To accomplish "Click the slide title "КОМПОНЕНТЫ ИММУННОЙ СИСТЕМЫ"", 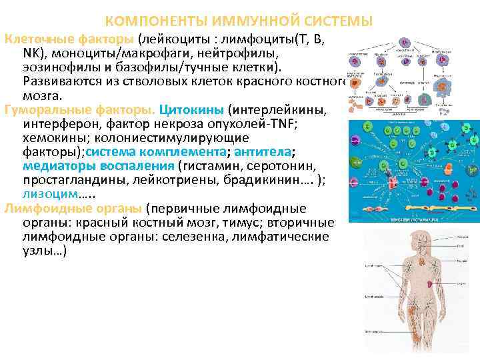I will coord(239,21).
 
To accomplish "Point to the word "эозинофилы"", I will coord(59,66).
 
